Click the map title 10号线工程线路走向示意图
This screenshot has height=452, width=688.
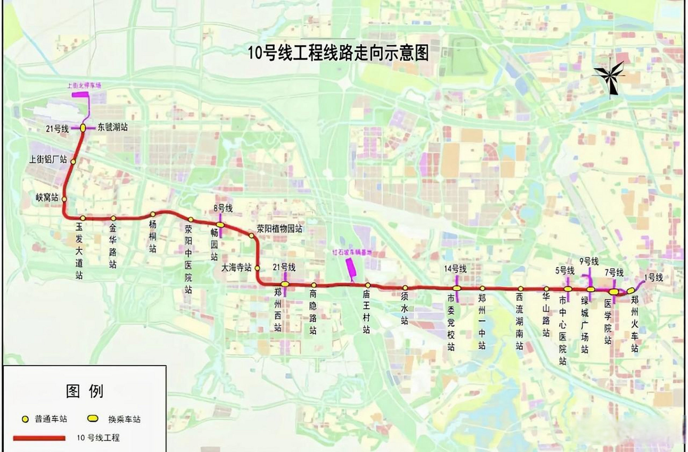point(338,53)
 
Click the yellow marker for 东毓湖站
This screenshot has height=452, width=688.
point(83,128)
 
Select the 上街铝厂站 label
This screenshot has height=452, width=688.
point(48,159)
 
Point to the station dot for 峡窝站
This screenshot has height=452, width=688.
point(64,199)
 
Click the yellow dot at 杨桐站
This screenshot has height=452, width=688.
point(153,214)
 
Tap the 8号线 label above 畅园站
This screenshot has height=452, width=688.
point(223,208)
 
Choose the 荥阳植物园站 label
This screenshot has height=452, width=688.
point(279,228)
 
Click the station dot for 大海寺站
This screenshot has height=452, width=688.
point(257,268)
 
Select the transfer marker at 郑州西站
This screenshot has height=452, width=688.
point(285,284)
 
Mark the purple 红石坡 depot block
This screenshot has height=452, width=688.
point(351,268)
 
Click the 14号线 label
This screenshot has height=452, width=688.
point(455,269)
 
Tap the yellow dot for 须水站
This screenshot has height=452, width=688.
point(405,288)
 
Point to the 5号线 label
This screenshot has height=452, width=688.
point(565,271)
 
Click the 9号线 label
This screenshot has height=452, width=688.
point(589,261)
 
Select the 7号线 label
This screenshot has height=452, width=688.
point(614,273)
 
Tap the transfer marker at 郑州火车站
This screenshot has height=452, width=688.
point(631,291)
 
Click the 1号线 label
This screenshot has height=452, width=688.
point(653,278)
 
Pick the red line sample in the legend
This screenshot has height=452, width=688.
point(39,438)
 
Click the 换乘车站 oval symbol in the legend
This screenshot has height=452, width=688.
point(93,418)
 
